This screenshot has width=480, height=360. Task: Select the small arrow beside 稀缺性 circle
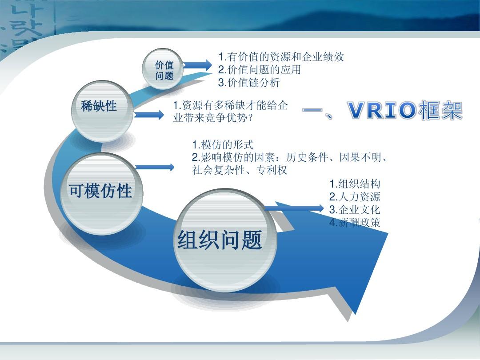[x=149, y=115]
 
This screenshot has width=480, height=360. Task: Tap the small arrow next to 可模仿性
[x=155, y=168]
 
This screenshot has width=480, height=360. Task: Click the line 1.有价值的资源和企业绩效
[x=281, y=57]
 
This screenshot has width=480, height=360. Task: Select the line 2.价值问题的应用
[x=260, y=70]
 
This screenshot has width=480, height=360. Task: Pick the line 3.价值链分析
[x=249, y=83]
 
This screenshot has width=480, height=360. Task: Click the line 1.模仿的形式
[x=223, y=145]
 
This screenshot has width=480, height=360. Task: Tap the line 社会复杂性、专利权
[x=240, y=170]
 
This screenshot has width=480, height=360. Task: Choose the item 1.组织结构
[x=355, y=184]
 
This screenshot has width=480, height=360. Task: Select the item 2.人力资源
[x=355, y=197]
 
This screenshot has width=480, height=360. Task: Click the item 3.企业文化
[x=355, y=210]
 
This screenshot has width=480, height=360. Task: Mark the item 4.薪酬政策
[x=355, y=223]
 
